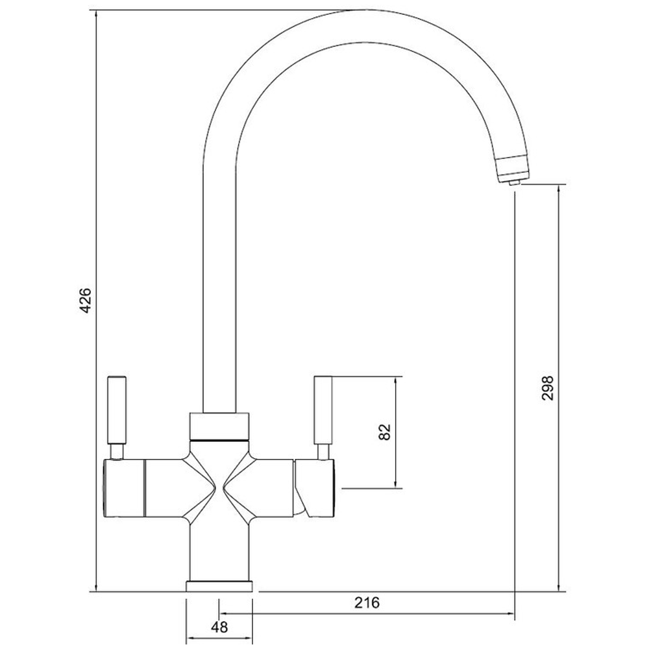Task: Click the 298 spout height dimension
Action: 546,387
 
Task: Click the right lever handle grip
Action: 323,409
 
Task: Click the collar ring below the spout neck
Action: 219,426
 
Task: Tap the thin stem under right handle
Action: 322,451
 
